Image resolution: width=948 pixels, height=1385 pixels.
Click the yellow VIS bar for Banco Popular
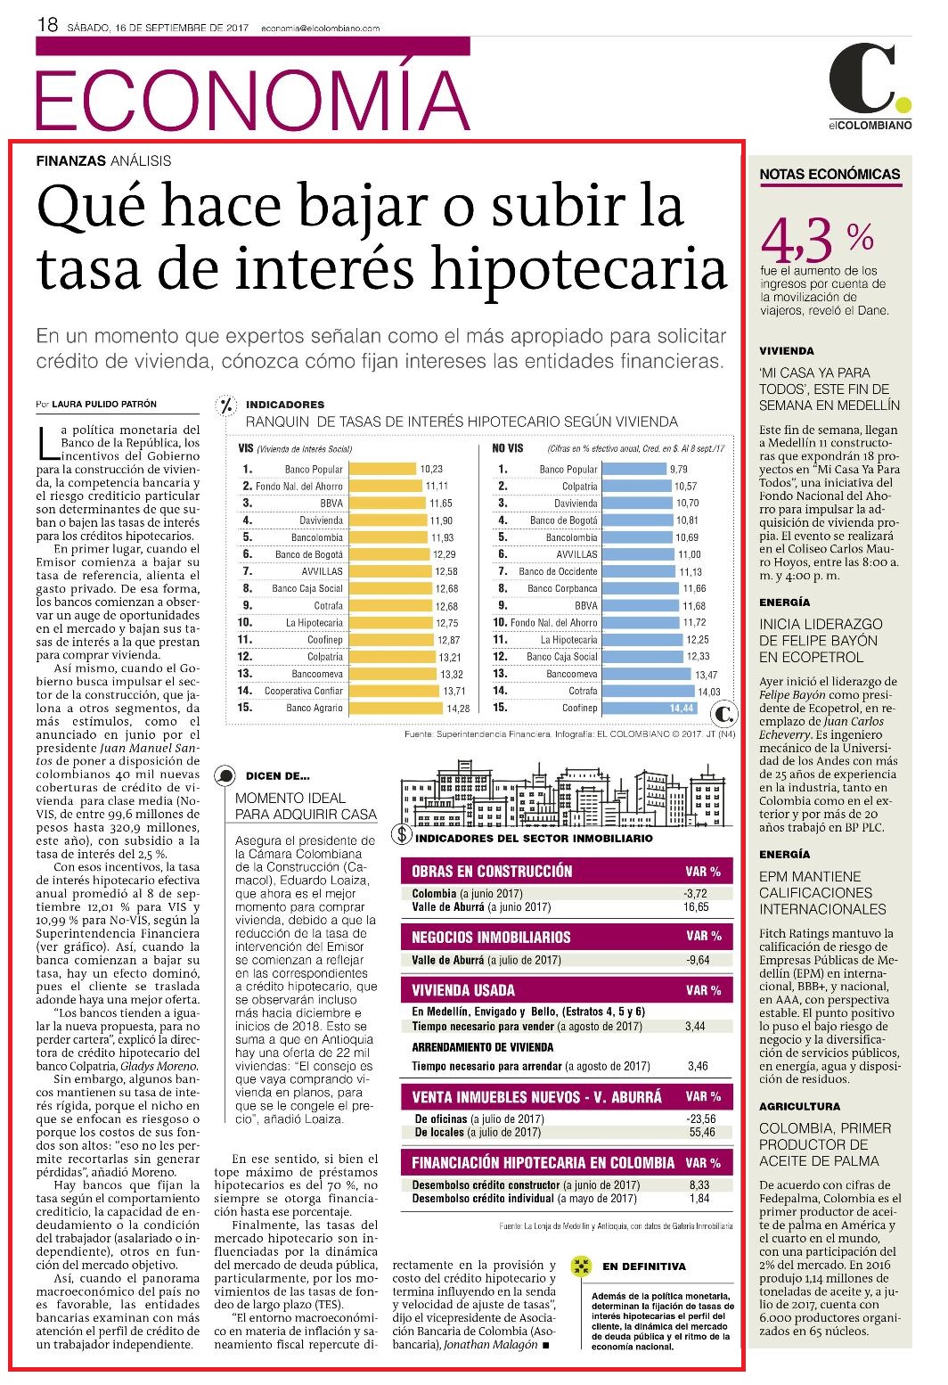pyautogui.click(x=382, y=470)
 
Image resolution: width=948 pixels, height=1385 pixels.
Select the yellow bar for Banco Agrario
pyautogui.click(x=396, y=708)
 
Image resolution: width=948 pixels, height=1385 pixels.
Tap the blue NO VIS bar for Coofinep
pyautogui.click(x=650, y=708)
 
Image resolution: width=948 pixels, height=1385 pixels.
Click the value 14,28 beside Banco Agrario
pyautogui.click(x=458, y=709)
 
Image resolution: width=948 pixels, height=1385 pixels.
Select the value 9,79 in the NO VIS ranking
pyautogui.click(x=679, y=470)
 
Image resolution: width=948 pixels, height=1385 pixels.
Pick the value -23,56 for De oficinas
pyautogui.click(x=701, y=1119)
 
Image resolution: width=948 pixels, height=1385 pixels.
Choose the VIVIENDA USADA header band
pyautogui.click(x=567, y=990)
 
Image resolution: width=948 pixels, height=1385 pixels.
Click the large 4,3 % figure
pyautogui.click(x=817, y=241)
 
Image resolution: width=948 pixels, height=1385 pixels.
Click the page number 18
pyautogui.click(x=47, y=25)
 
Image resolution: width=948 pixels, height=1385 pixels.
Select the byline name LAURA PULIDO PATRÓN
pyautogui.click(x=104, y=405)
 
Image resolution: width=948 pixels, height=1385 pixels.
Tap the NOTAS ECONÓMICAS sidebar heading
pyautogui.click(x=830, y=175)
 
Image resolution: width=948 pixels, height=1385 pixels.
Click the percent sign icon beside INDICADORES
pyautogui.click(x=227, y=406)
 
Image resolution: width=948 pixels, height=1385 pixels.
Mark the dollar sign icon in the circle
pyautogui.click(x=402, y=835)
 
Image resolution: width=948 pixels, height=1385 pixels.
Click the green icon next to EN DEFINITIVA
pyautogui.click(x=581, y=1266)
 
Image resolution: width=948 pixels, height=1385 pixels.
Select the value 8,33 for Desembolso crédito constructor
pyautogui.click(x=699, y=1185)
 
